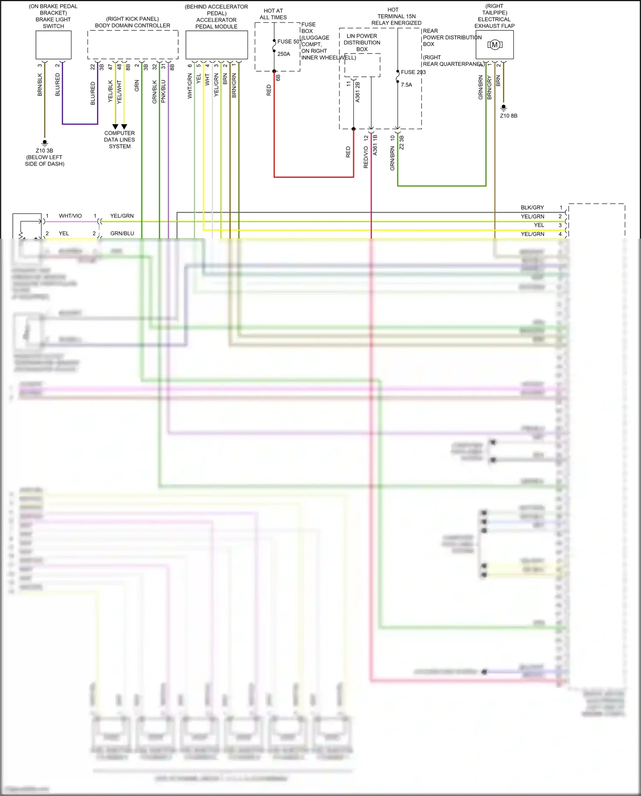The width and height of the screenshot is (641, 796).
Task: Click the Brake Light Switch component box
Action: click(x=53, y=45)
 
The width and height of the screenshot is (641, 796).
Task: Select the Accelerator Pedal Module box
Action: click(x=217, y=45)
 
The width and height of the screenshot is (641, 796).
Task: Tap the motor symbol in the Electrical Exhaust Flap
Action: click(x=495, y=44)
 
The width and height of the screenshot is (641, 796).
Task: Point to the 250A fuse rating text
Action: click(x=284, y=54)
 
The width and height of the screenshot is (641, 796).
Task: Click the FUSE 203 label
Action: click(x=413, y=72)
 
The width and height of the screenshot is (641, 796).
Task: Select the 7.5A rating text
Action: click(x=406, y=85)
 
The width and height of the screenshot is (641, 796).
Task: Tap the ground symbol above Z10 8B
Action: click(x=504, y=107)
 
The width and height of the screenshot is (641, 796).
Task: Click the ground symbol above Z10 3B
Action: click(x=44, y=142)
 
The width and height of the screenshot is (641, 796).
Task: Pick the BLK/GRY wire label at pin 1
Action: click(x=532, y=207)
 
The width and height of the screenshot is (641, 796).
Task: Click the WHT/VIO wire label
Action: click(x=70, y=216)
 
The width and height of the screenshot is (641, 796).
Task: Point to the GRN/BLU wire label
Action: click(x=122, y=234)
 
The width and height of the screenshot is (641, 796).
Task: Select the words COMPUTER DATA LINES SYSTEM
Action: click(x=120, y=140)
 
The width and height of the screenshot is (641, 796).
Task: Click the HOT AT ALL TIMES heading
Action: click(x=273, y=14)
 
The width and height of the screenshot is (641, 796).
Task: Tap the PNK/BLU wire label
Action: click(x=163, y=91)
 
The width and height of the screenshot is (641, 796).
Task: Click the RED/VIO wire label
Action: click(x=366, y=157)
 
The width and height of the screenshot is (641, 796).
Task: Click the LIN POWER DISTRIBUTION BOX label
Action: click(x=362, y=43)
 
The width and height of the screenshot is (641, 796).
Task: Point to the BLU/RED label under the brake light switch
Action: click(x=58, y=84)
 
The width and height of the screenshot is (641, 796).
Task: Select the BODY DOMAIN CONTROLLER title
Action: click(x=132, y=26)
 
